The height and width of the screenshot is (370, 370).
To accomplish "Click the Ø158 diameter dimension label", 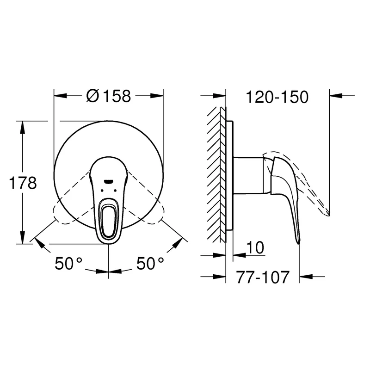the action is point(109,96).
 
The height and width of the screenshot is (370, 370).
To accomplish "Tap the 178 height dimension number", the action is point(23,183).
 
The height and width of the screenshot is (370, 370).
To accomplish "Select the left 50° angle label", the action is point(68,263).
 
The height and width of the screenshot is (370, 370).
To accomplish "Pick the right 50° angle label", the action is point(150,263).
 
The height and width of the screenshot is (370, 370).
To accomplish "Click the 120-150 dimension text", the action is point(277,97).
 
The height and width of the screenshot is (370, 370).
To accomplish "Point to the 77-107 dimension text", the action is point(263,277).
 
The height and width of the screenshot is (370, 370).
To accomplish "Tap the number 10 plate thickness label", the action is point(255,247).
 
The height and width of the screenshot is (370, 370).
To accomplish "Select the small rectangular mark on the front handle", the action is point(108,181).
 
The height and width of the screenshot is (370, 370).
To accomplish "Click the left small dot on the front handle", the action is point(102,190).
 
